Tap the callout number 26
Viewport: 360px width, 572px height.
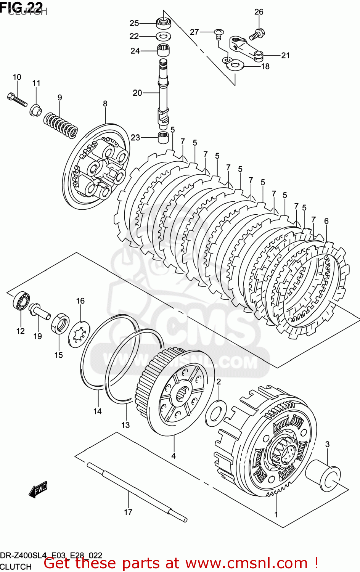point(259,12)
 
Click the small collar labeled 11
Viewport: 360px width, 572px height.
point(35,111)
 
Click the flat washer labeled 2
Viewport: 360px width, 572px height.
point(216,413)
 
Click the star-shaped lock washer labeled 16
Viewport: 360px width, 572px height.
point(79,334)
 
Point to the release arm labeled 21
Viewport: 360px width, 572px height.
point(246,48)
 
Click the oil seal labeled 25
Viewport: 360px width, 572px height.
point(164,22)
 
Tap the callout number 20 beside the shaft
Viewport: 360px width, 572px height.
point(137,93)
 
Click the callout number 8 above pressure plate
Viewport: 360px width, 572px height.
point(105,103)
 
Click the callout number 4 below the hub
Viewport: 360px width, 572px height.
point(173,456)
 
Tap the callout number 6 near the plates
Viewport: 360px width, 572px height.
point(326,221)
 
